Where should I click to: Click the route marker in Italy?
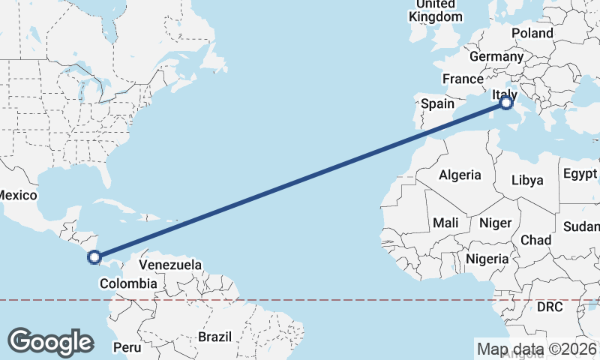506,103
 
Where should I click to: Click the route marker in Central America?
94,258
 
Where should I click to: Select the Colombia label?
128,283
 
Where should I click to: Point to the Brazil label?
215,337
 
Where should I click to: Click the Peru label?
126,347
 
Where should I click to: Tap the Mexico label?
16,195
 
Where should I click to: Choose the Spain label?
437,104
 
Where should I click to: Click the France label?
463,79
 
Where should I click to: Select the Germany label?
496,56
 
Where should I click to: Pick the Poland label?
532,33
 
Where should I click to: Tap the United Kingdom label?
435,10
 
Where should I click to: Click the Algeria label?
460,175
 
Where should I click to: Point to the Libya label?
526,180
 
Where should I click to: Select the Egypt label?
580,173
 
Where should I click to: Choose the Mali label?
445,223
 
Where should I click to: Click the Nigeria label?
487,259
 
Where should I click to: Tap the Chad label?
535,240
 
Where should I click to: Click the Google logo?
51,341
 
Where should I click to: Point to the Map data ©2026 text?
537,349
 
